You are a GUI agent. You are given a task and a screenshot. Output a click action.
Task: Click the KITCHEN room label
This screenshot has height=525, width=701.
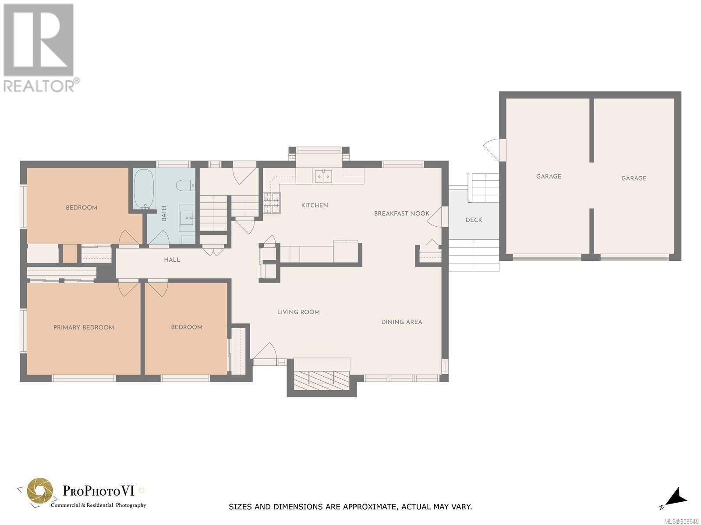tap(314, 205)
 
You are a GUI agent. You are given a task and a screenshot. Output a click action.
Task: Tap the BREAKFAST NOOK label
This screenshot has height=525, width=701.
tap(401, 213)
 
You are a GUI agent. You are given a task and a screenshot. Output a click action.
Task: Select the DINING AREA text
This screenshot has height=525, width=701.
tap(401, 322)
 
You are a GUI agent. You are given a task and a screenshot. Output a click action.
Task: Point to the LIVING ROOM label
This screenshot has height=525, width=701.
tap(298, 312)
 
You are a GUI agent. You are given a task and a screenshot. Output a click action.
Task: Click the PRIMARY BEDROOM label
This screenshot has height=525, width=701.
tap(84, 328)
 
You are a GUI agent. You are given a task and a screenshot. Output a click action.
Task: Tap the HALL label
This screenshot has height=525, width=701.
tap(172, 260)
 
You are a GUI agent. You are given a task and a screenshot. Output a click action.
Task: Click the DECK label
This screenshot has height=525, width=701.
tap(474, 220)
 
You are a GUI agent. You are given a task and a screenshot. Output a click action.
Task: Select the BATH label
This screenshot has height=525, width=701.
tap(164, 213)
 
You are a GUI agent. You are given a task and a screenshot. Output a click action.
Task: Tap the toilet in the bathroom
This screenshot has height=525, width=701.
tap(185, 185)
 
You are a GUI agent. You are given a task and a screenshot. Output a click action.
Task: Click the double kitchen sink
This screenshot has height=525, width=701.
tap(323, 176)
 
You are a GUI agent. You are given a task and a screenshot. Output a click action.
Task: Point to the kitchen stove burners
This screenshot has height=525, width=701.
tap(272, 203)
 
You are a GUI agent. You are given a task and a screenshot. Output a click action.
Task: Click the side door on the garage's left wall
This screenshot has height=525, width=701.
tap(493, 150)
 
